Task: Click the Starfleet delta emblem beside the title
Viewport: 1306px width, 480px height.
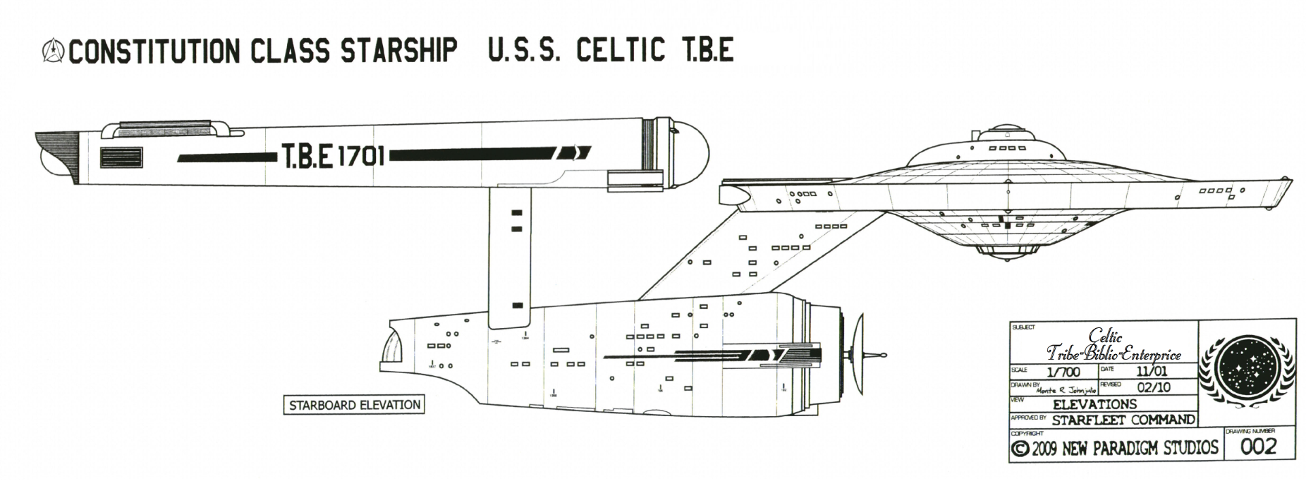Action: tap(53, 51)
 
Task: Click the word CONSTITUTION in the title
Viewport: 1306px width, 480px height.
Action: tap(154, 51)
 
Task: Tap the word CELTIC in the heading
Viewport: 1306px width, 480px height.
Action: tap(620, 50)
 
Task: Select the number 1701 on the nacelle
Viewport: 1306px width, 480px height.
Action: tap(361, 157)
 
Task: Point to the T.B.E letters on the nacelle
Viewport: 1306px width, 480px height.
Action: tap(307, 157)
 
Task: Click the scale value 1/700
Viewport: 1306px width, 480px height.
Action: tap(1063, 372)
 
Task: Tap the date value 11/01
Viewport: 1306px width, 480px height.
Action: tap(1151, 371)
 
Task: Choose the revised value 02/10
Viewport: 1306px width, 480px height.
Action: tap(1154, 387)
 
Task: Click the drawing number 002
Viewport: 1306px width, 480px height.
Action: tap(1258, 447)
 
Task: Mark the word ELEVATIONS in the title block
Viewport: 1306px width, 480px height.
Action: tap(1094, 404)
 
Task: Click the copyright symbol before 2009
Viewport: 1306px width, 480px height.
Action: tap(1020, 449)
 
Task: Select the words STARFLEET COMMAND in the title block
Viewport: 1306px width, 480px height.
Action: tap(1123, 420)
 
